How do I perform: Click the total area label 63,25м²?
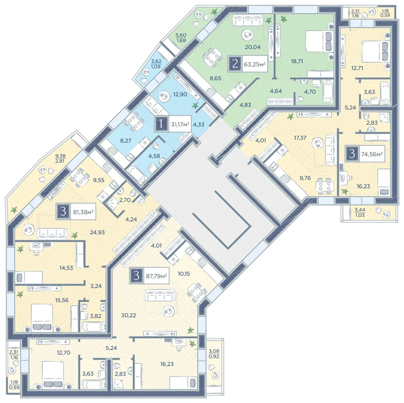255,64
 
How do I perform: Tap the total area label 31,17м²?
180,124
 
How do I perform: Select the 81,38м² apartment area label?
83,212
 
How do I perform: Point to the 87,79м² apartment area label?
156,276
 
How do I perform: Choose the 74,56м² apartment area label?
372,154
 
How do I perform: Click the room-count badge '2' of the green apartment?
235,64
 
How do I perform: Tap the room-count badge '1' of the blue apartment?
162,124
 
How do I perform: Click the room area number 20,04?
253,47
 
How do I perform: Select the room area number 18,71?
297,61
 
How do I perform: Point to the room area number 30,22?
128,315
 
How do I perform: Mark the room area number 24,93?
97,232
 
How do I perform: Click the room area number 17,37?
300,138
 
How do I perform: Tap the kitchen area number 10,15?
184,274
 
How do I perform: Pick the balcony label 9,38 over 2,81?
60,158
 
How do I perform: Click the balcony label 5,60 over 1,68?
181,38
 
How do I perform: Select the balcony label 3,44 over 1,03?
360,212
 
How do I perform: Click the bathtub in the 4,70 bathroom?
328,91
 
